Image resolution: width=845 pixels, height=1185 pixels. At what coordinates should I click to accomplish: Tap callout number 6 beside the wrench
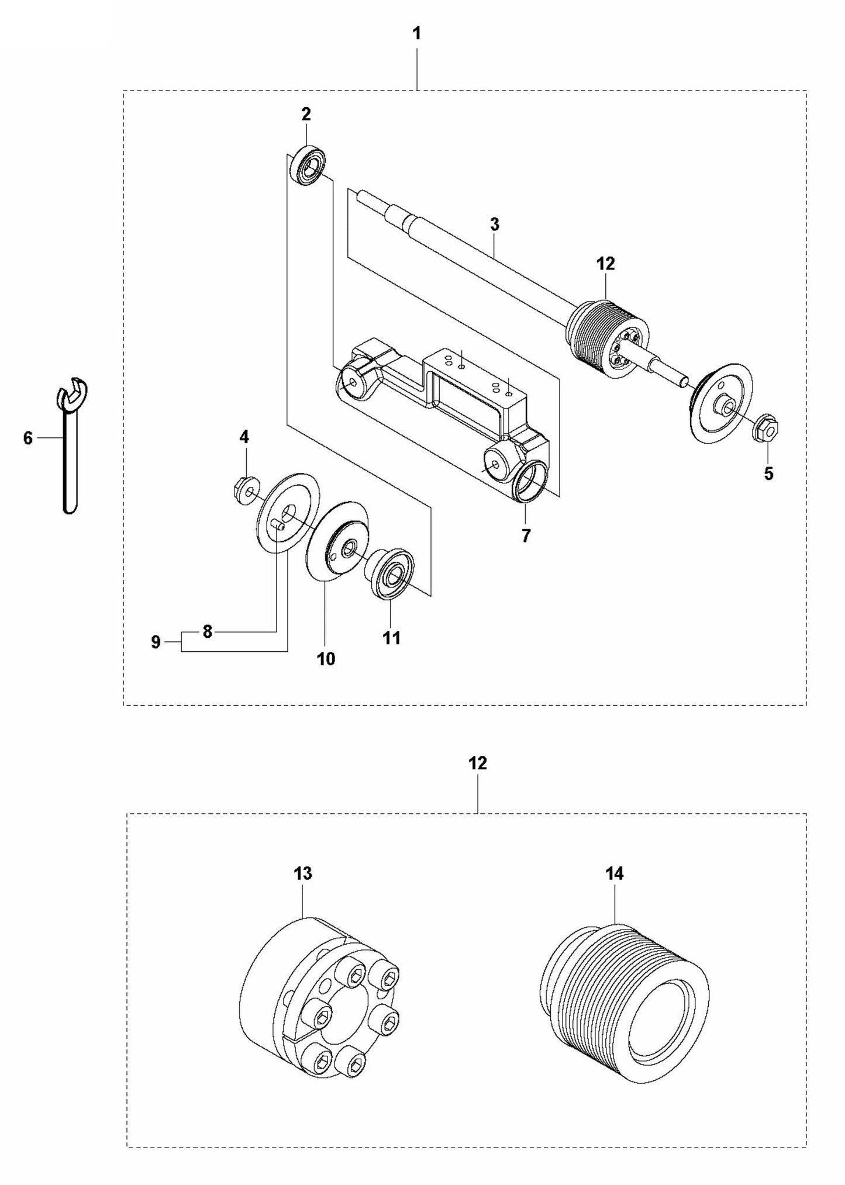[x=28, y=438]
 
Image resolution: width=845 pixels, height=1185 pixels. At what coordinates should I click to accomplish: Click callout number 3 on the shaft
[x=495, y=224]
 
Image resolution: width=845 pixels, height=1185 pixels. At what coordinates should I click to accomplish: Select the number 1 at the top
[x=416, y=34]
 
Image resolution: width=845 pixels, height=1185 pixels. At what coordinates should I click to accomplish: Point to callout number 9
[x=156, y=642]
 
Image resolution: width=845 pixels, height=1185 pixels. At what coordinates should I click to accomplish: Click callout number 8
[x=206, y=632]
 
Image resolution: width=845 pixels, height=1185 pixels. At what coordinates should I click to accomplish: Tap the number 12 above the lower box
[x=478, y=763]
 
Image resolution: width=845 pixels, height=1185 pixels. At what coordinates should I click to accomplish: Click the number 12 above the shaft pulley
[x=606, y=264]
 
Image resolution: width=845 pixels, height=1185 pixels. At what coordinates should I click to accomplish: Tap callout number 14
[x=615, y=890]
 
